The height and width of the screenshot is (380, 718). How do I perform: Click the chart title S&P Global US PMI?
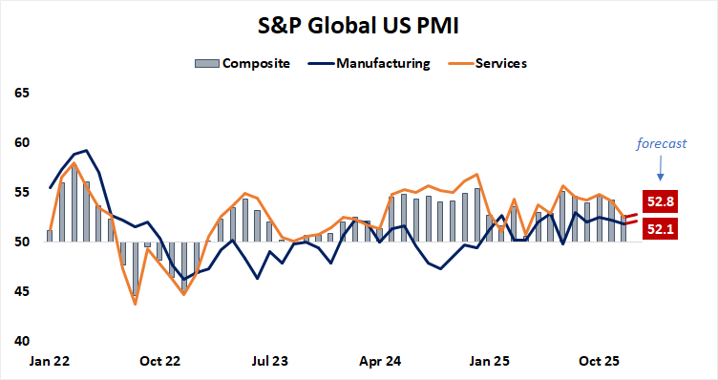(x=358, y=23)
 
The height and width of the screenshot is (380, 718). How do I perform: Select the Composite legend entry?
(x=243, y=64)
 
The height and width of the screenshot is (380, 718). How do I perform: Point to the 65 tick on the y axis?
(x=21, y=94)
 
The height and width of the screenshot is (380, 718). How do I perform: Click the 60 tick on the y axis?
(x=21, y=143)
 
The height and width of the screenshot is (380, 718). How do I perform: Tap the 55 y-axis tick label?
(x=21, y=193)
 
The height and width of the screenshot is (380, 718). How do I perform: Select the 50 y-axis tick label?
(x=21, y=243)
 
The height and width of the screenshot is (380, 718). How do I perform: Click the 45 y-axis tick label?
(x=21, y=291)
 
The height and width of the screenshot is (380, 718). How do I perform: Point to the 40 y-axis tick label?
(x=21, y=341)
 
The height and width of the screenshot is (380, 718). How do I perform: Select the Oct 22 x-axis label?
(x=159, y=362)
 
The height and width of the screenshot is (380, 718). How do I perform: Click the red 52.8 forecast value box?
(x=660, y=201)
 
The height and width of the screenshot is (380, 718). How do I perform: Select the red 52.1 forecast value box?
(x=660, y=228)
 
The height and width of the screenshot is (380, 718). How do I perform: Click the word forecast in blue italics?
(x=661, y=144)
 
